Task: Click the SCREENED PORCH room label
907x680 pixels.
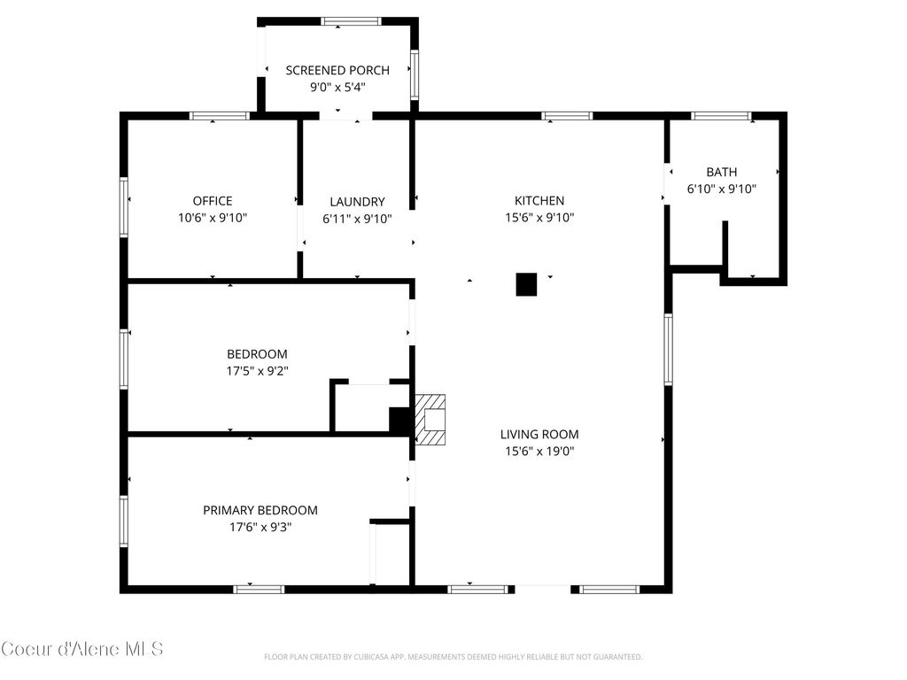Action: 337,70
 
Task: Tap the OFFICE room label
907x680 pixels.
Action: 213,201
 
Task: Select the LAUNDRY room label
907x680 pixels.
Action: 357,201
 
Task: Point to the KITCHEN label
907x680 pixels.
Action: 539,201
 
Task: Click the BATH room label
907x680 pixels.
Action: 721,172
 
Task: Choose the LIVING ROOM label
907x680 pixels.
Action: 539,434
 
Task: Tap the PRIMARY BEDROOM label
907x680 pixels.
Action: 260,510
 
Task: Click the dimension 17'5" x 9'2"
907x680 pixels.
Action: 257,371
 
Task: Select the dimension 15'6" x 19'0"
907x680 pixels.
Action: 539,451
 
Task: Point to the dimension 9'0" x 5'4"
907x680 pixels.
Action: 337,87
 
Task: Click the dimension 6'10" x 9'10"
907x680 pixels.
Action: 721,189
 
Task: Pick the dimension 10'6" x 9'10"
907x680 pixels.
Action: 213,218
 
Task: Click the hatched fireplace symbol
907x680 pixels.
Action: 432,420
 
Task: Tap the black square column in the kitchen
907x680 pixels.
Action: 526,284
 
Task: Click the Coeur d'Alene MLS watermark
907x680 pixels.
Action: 82,649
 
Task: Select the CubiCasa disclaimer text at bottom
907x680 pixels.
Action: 453,657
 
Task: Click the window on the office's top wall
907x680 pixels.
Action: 220,115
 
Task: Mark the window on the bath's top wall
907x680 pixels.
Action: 721,115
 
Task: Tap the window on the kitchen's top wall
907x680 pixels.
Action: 567,115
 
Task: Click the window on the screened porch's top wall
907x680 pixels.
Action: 351,21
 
